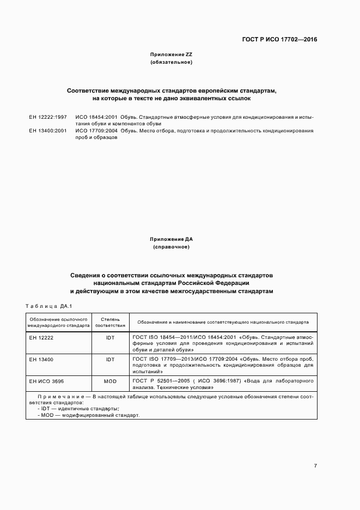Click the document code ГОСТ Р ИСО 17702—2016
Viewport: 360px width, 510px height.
(x=280, y=39)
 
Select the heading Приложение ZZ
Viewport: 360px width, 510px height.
(x=171, y=55)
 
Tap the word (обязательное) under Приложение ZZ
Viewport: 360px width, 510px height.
(x=171, y=63)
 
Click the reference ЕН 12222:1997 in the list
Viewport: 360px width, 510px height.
(x=48, y=117)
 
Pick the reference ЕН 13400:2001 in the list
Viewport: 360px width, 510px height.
(x=48, y=131)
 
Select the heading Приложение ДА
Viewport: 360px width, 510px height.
(x=171, y=239)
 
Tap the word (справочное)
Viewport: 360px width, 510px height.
(x=171, y=247)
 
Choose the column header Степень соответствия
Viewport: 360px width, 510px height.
(x=111, y=321)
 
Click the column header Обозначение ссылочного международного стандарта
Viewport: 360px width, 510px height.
(x=59, y=321)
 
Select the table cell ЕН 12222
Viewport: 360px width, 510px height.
(x=41, y=338)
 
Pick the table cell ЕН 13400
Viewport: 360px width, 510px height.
(x=41, y=360)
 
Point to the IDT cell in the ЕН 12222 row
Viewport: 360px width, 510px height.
(x=111, y=338)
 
